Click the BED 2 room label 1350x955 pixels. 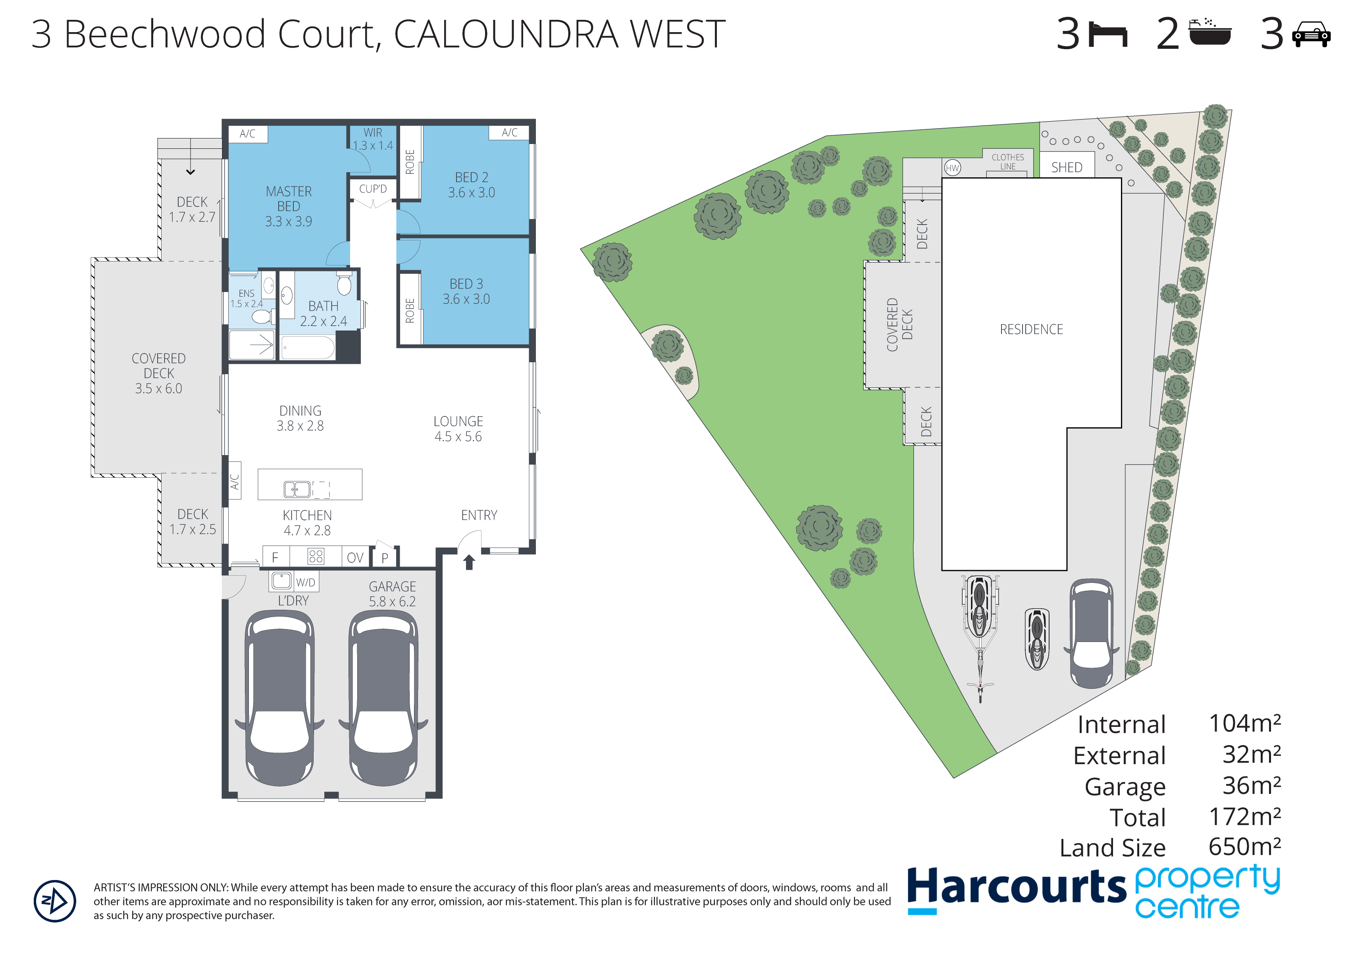471,184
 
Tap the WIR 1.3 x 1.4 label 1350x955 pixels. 373,139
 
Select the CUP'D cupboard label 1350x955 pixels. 373,189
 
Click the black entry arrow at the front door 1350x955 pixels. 469,562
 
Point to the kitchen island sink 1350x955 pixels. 297,489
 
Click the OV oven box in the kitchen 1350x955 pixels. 355,557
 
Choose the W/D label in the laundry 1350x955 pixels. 305,582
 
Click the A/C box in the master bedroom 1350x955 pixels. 248,133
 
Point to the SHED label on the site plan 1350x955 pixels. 1067,167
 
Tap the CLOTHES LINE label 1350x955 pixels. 1008,162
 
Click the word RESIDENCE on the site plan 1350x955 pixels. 1031,329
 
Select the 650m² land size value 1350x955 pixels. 1245,847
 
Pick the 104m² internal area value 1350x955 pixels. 1245,723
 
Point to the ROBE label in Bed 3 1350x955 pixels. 410,311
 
